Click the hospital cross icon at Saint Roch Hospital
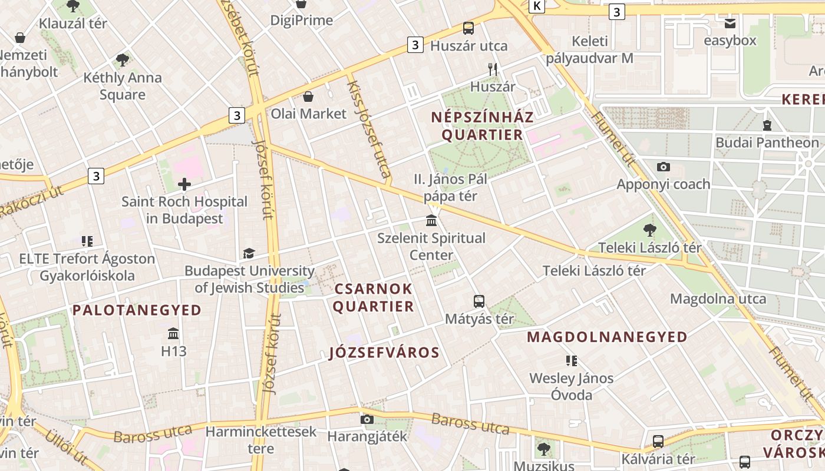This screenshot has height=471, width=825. (x=184, y=184)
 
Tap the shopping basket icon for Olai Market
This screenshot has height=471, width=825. (x=308, y=96)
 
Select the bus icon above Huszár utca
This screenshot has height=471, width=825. (x=468, y=28)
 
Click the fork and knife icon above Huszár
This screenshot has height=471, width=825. (x=493, y=69)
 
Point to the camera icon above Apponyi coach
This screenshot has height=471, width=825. (x=664, y=167)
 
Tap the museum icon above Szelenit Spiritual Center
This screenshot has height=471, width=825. (x=431, y=221)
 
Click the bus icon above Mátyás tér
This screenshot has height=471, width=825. (x=479, y=301)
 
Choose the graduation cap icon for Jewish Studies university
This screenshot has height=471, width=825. (x=249, y=254)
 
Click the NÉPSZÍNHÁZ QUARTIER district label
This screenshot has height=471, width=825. (x=482, y=125)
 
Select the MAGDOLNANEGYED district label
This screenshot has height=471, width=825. (x=607, y=337)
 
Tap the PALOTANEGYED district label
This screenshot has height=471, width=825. (x=137, y=310)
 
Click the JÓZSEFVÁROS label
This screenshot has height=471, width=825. (x=384, y=353)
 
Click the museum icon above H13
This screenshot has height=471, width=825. (x=173, y=334)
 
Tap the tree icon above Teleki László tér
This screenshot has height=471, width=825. (x=650, y=230)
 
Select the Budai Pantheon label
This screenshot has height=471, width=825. (x=767, y=142)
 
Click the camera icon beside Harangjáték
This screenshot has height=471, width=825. (x=367, y=419)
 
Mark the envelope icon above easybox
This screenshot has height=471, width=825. (x=730, y=24)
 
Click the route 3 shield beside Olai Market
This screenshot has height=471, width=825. (x=236, y=115)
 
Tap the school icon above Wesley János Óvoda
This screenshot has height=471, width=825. (x=571, y=360)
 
